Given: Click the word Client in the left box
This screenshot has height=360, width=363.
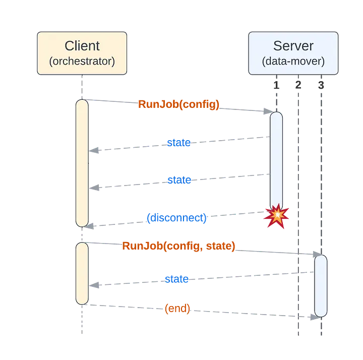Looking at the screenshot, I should tap(82, 46).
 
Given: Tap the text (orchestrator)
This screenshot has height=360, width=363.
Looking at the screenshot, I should tap(82, 62).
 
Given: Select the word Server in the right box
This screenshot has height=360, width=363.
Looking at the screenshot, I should tap(293, 46).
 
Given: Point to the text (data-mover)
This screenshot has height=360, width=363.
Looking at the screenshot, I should tap(293, 62).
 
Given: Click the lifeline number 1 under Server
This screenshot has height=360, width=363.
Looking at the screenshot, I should tap(276, 85).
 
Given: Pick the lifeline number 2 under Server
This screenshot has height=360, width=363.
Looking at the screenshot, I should tap(298, 85).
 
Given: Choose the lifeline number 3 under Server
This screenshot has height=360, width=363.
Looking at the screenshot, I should tap(321, 85).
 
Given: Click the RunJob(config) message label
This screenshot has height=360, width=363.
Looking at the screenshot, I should tap(178, 104).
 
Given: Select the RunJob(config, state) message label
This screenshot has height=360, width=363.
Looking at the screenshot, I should tap(178, 246).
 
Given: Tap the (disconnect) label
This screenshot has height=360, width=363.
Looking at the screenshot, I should tap(177, 218).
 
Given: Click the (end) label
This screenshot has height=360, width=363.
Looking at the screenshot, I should tap(177, 309).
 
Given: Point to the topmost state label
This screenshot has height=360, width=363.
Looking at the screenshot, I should tap(179, 143).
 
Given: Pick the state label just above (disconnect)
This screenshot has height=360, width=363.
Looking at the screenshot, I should tap(179, 180).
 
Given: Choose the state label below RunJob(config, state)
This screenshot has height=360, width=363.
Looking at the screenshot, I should tap(177, 279).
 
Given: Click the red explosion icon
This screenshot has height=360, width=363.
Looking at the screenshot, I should tap(276, 216).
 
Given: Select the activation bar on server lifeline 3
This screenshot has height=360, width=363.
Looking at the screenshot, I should tap(321, 285).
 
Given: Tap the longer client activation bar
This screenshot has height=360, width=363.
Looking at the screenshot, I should tap(82, 162).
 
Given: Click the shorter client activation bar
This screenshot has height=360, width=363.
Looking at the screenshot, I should tap(82, 273).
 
